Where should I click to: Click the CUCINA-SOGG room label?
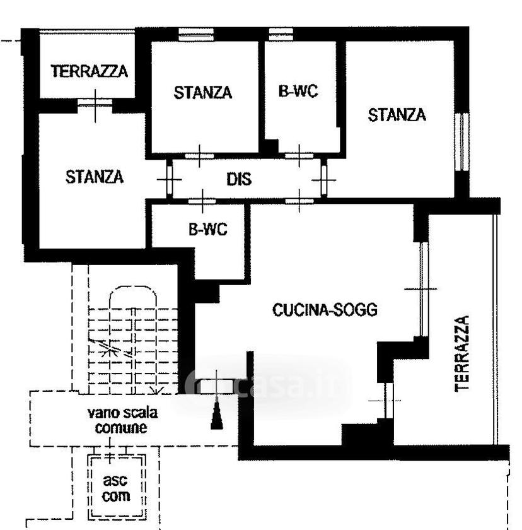click(x=325, y=310)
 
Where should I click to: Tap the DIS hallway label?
click(x=239, y=179)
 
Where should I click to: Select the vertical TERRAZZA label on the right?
click(x=462, y=353)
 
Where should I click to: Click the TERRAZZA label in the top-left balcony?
click(x=90, y=71)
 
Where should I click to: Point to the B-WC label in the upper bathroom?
click(x=298, y=91)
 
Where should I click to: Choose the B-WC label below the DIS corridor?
click(x=208, y=230)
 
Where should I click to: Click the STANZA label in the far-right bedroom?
click(x=397, y=115)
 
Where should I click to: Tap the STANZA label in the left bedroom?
click(x=95, y=177)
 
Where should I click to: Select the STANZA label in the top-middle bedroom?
click(x=203, y=93)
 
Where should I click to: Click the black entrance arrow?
click(x=217, y=413)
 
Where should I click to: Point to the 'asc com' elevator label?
click(x=116, y=488)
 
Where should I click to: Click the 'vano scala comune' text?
click(x=122, y=420)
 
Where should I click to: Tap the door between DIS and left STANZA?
click(x=170, y=179)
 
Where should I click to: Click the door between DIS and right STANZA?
click(x=324, y=179)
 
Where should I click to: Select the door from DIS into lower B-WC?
click(x=202, y=201)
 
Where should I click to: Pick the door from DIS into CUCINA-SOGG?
click(x=299, y=201)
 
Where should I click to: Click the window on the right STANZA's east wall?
click(x=462, y=141)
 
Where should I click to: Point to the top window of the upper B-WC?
click(x=281, y=34)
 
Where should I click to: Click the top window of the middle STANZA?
click(x=196, y=34)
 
